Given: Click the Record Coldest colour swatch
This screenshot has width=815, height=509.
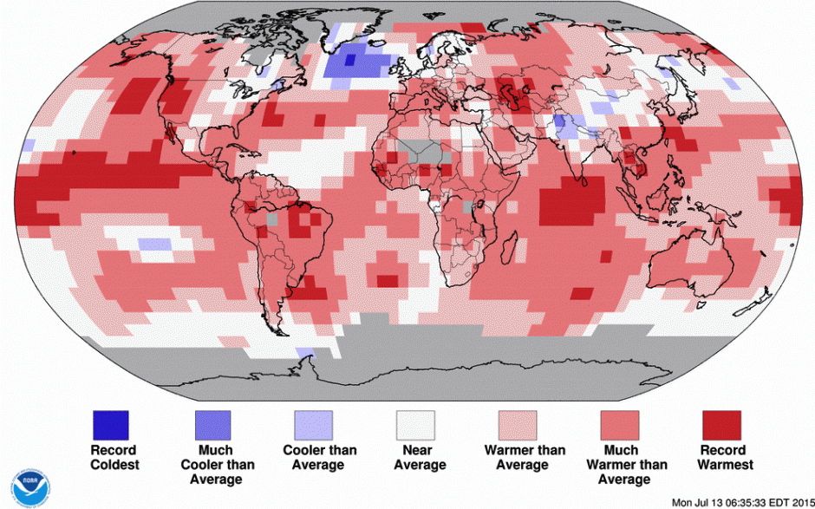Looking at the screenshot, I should click(111, 425).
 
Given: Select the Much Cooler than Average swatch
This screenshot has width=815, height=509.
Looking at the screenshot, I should click(213, 425).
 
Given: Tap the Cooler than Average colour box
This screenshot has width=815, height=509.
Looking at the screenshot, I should click(315, 425).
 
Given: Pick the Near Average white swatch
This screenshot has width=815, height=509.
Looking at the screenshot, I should click(416, 425).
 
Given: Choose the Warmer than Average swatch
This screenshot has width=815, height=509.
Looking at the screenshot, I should click(518, 425).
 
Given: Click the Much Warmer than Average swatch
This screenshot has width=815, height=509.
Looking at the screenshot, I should click(619, 425).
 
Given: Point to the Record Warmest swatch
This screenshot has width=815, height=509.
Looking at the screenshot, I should click(720, 425).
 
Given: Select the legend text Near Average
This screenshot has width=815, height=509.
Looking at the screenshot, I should click(416, 457).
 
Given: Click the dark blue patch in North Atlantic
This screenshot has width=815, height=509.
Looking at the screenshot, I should click(355, 62).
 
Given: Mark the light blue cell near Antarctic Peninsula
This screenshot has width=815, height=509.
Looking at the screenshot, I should click(305, 351).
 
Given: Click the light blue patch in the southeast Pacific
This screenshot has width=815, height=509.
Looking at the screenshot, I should click(154, 244).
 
